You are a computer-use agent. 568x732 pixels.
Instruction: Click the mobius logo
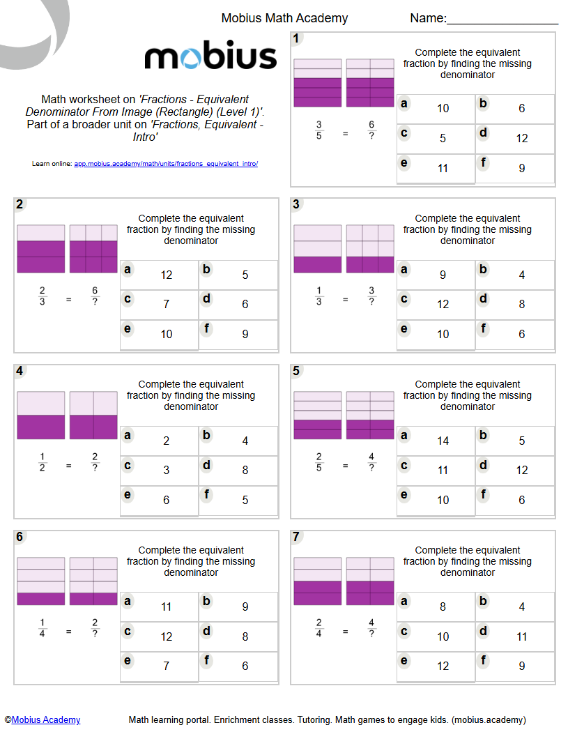tap(210, 56)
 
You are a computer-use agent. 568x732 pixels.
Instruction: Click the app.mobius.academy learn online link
tap(166, 164)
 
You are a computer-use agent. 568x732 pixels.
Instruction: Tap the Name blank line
tap(502, 21)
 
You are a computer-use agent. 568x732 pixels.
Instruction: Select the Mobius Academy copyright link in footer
tap(46, 719)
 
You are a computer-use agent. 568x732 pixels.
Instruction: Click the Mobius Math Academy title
tap(284, 18)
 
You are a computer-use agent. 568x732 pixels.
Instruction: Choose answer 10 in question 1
tap(443, 108)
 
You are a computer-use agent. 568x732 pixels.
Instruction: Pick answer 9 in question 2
tap(245, 334)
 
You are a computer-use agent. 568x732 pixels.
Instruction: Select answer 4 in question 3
tap(522, 275)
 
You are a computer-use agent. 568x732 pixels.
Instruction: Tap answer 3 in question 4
tap(166, 470)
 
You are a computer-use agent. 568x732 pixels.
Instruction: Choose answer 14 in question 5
tap(443, 441)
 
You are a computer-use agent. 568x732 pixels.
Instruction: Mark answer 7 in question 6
tap(166, 666)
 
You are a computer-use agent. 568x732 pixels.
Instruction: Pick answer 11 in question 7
tap(522, 636)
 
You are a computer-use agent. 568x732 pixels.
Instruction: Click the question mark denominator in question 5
tap(371, 468)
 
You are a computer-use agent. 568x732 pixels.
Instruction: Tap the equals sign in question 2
tap(68, 300)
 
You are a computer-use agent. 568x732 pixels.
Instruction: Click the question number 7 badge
tap(297, 537)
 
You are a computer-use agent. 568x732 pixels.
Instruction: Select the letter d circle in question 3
tap(484, 299)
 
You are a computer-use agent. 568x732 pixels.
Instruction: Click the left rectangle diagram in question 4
tap(41, 415)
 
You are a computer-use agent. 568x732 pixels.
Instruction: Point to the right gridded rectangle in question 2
tap(93, 249)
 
